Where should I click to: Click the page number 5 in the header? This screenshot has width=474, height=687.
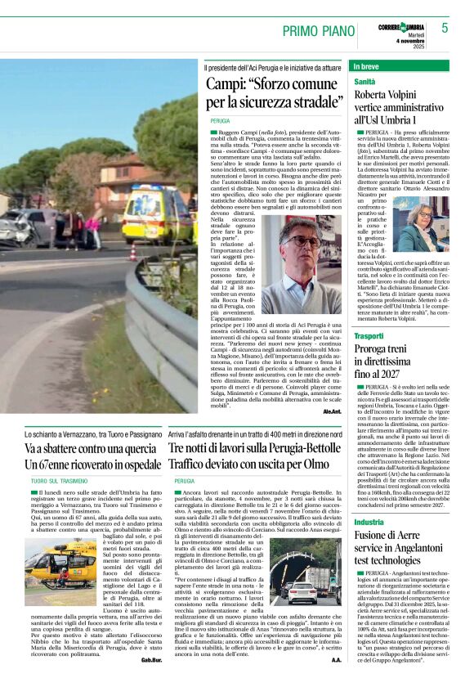(445, 28)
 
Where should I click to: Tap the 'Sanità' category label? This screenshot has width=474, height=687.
(364, 83)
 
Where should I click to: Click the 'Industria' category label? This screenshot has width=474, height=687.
(369, 521)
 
